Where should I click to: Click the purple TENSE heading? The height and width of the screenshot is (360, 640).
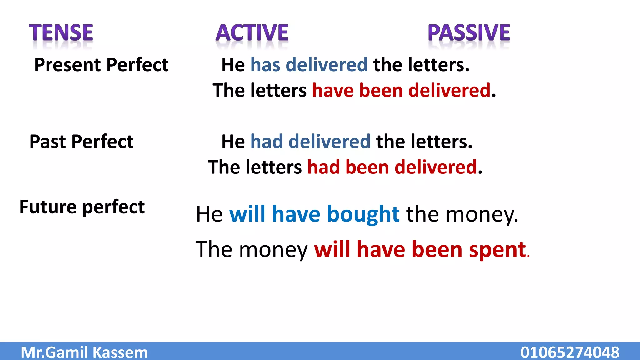[61, 32]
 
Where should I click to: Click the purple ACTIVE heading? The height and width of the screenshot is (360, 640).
[252, 32]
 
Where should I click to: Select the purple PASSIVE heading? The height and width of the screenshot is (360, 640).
[469, 32]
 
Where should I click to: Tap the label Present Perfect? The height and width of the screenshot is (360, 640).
[101, 65]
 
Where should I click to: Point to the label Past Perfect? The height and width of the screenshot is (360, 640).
[81, 141]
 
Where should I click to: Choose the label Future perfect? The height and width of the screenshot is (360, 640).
[82, 207]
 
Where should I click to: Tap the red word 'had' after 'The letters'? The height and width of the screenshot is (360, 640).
[323, 167]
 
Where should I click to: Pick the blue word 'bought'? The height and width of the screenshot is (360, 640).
[363, 214]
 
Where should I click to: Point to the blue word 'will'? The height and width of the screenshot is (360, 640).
[247, 214]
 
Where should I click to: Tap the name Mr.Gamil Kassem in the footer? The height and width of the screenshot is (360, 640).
[84, 352]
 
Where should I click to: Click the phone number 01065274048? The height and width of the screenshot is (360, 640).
[569, 352]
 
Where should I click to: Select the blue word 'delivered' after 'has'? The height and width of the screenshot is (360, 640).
[327, 65]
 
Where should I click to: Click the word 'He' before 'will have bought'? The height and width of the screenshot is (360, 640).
[209, 214]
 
